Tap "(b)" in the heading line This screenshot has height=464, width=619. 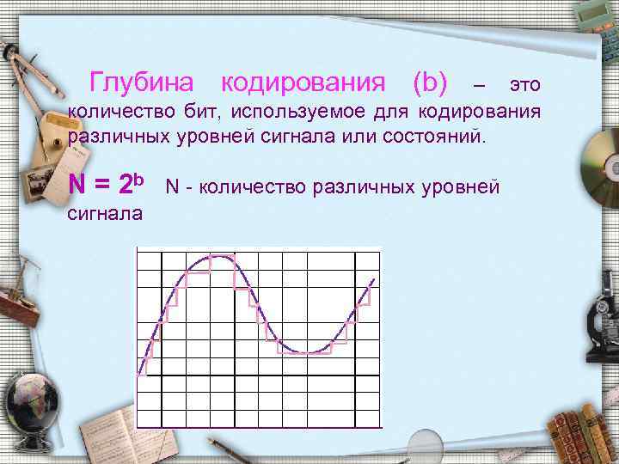pyautogui.click(x=430, y=83)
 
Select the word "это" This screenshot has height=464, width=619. pyautogui.click(x=524, y=85)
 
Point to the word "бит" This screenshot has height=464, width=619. pyautogui.click(x=199, y=112)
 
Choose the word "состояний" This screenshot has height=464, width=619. pyautogui.click(x=439, y=137)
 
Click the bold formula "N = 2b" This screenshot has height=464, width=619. pyautogui.click(x=104, y=184)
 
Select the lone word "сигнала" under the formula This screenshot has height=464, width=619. pyautogui.click(x=105, y=212)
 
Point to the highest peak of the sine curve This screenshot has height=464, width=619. pyautogui.click(x=221, y=255)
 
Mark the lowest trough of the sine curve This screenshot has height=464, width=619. pyautogui.click(x=309, y=352)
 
